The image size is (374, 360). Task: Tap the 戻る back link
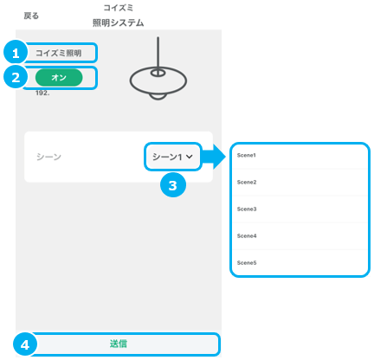click(x=31, y=16)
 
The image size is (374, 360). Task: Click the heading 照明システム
click(x=118, y=22)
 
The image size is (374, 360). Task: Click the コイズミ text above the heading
click(x=119, y=8)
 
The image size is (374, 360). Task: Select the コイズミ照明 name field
click(x=59, y=53)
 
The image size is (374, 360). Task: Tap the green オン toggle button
click(x=59, y=78)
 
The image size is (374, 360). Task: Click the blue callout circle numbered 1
click(x=16, y=53)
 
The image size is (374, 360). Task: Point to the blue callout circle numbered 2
click(x=16, y=77)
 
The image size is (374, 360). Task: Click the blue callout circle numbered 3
click(x=173, y=185)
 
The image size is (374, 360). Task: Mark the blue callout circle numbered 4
click(x=25, y=344)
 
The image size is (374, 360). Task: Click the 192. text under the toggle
click(x=42, y=93)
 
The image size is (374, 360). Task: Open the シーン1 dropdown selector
click(x=172, y=157)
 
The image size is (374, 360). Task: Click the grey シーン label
click(x=48, y=157)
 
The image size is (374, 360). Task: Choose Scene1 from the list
click(x=246, y=155)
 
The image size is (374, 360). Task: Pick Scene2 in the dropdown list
click(x=247, y=182)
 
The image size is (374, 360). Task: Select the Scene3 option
click(x=247, y=209)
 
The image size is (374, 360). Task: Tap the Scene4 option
click(x=247, y=235)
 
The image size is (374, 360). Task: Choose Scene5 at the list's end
click(x=247, y=262)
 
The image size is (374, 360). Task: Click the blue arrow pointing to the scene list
click(x=213, y=157)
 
